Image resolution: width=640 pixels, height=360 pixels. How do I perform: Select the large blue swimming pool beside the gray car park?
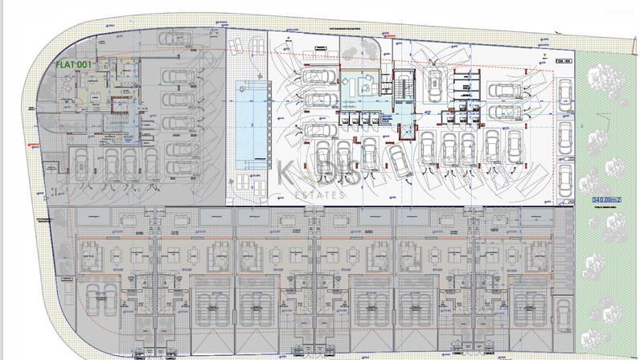[x=251, y=120]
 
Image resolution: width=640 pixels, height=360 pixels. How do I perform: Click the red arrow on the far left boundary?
[x=34, y=146]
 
